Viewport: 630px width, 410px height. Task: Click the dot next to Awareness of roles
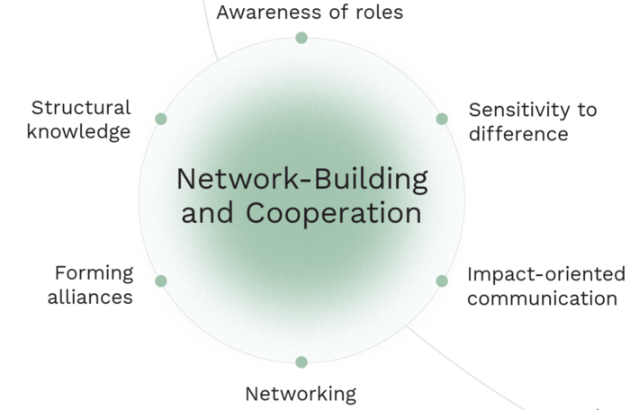click(301, 38)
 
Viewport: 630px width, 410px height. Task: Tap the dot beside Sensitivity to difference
click(442, 119)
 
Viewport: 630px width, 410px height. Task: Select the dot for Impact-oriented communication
click(442, 281)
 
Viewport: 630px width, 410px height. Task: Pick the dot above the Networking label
click(301, 361)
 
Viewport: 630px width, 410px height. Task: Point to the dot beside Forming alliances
click(161, 281)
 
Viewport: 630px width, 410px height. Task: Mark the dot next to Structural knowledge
click(161, 119)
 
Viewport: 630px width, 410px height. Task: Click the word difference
click(518, 134)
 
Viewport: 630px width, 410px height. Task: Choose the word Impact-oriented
click(545, 274)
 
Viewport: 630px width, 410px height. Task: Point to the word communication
click(542, 298)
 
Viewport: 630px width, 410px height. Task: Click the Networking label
click(301, 393)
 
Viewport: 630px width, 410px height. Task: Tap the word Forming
click(94, 273)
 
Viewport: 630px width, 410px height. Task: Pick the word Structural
click(81, 108)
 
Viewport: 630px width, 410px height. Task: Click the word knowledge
click(78, 131)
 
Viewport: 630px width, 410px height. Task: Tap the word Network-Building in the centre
click(301, 179)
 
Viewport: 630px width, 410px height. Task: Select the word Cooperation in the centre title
click(333, 214)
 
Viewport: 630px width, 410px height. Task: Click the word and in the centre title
click(208, 214)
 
